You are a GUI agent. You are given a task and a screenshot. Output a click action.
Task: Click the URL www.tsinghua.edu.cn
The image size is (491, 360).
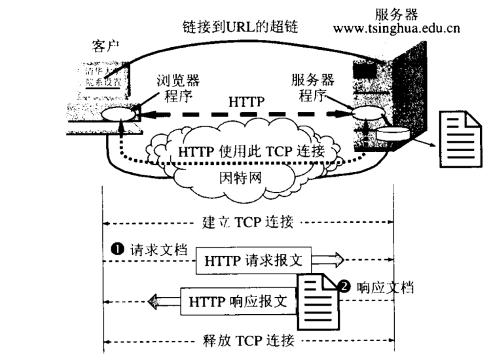tap(397, 28)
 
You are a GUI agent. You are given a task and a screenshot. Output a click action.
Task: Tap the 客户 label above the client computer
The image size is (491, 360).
tap(105, 46)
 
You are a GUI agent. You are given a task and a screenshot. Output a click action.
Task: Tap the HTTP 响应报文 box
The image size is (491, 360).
tap(237, 302)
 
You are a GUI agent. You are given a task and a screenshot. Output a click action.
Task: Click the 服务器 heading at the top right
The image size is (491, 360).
tap(397, 13)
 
